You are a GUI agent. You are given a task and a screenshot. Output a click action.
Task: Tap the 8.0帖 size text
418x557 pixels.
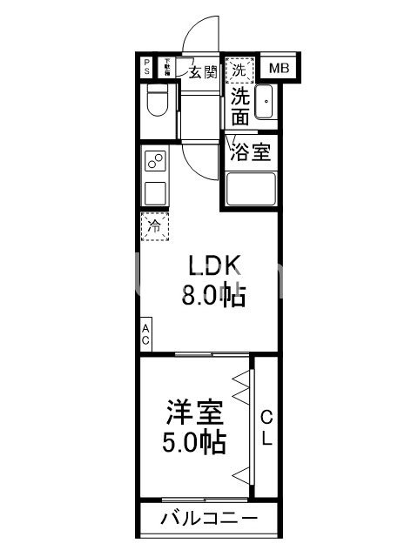[213, 297]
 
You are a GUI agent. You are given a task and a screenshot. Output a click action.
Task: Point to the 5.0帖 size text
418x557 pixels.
[196, 442]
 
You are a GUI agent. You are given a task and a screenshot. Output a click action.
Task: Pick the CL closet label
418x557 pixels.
[266, 426]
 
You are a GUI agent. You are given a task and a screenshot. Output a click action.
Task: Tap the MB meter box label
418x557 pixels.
[278, 68]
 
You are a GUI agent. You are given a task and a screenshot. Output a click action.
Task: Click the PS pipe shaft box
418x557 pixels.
[146, 68]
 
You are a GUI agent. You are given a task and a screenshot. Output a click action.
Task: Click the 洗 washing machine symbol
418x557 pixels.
[238, 69]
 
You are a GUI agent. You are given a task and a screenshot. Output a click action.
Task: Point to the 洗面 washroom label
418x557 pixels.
[239, 105]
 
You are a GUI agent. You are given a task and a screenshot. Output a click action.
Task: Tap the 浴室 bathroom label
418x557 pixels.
[251, 152]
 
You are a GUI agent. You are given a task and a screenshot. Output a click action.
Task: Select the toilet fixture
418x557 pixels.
[158, 102]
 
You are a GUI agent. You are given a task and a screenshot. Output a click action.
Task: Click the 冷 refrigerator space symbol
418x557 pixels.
[155, 227]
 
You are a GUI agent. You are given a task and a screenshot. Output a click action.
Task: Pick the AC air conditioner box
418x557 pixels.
[146, 334]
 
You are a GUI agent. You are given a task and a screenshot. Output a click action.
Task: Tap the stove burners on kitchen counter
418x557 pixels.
[156, 161]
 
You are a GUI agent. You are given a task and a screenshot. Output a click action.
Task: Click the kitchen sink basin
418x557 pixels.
[156, 191]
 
